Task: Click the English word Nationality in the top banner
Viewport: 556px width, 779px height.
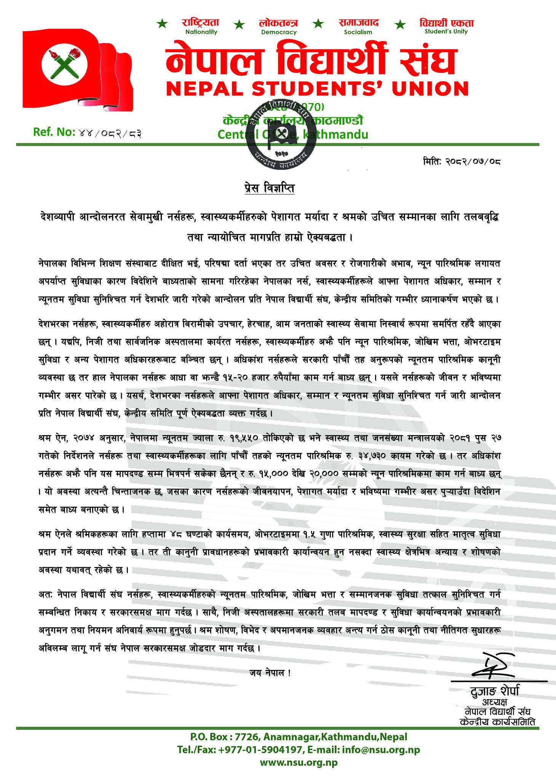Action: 201,32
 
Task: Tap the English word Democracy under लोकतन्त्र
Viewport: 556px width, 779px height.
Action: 279,32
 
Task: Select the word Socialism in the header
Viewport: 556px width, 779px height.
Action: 358,32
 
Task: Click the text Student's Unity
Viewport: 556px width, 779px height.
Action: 446,32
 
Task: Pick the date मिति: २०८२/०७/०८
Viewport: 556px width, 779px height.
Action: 461,161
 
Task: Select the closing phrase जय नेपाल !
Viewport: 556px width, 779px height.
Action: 271,672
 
